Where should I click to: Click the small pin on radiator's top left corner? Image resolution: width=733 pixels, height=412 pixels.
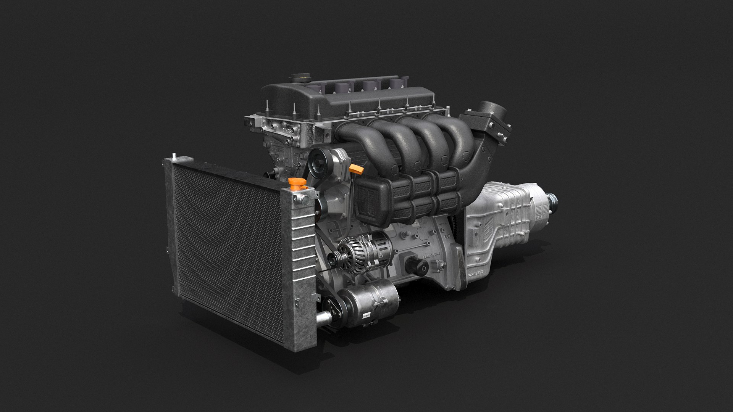coord(174,155)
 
